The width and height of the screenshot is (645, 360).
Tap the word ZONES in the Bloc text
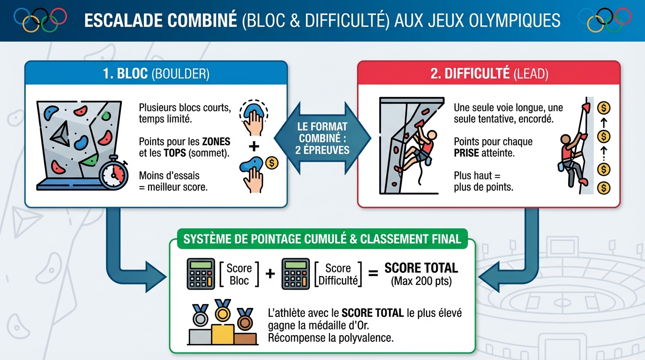pyautogui.click(x=216, y=142)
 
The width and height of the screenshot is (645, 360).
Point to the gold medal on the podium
pyautogui.click(x=223, y=312)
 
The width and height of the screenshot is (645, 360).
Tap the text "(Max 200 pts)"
pyautogui.click(x=421, y=282)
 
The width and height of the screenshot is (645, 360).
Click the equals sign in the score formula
pyautogui.click(x=373, y=273)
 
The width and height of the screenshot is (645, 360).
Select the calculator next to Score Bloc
pyautogui.click(x=201, y=274)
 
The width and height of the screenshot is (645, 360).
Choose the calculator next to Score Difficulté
pyautogui.click(x=295, y=274)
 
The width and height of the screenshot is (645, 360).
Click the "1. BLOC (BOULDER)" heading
pyautogui.click(x=156, y=74)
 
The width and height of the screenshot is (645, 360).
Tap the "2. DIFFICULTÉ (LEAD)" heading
pyautogui.click(x=489, y=74)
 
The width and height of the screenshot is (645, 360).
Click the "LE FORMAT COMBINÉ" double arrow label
pyautogui.click(x=323, y=138)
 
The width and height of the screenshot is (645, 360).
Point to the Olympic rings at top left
pyautogui.click(x=40, y=20)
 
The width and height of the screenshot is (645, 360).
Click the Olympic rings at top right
pyautogui.click(x=605, y=20)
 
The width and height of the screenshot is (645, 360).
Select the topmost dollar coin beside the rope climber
pyautogui.click(x=604, y=108)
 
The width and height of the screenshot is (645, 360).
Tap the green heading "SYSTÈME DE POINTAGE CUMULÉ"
pyautogui.click(x=322, y=239)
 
